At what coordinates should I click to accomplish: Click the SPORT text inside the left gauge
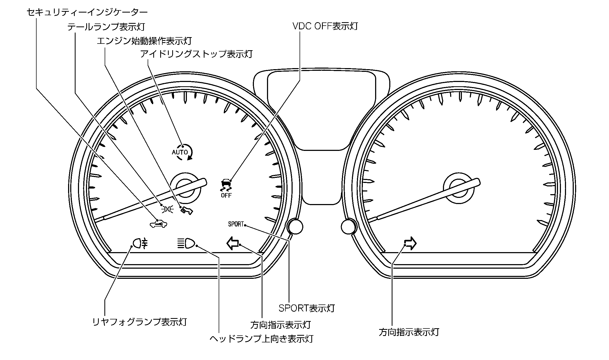[x=236, y=224]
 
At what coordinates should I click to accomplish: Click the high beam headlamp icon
[x=186, y=243]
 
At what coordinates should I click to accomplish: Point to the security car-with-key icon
[x=159, y=224]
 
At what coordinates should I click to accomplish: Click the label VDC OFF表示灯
[x=325, y=26]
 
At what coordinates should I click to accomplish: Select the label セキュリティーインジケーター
[x=87, y=12]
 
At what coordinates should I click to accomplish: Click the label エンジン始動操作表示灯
[x=144, y=41]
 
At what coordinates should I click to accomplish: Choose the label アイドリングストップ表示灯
[x=196, y=54]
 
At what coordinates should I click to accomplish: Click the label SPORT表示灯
[x=307, y=308]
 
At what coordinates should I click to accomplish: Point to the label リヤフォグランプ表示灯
[x=139, y=322]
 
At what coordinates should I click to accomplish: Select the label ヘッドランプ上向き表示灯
[x=261, y=339]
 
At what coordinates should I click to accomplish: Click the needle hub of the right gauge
[x=459, y=189]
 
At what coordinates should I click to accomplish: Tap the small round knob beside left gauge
[x=295, y=227]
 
